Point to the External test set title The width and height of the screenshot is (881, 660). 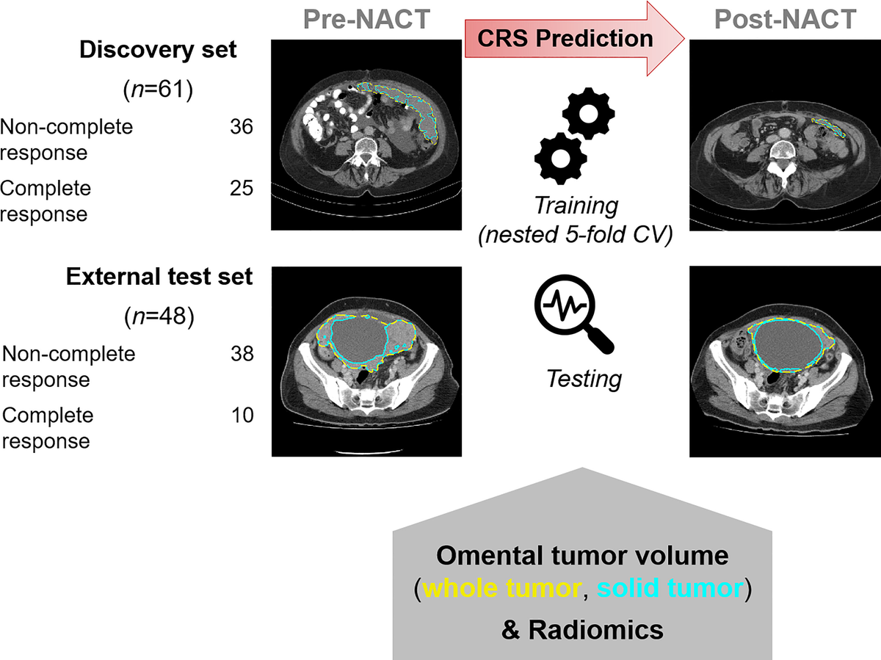tap(159, 278)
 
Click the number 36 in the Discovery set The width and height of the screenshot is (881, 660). tap(241, 127)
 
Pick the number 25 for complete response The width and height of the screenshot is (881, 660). tap(241, 189)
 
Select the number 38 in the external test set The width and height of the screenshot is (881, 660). tap(241, 355)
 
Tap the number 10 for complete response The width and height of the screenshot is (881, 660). tap(241, 416)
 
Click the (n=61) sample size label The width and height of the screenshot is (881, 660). tap(157, 93)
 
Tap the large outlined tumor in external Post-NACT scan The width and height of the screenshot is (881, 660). tap(786, 346)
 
